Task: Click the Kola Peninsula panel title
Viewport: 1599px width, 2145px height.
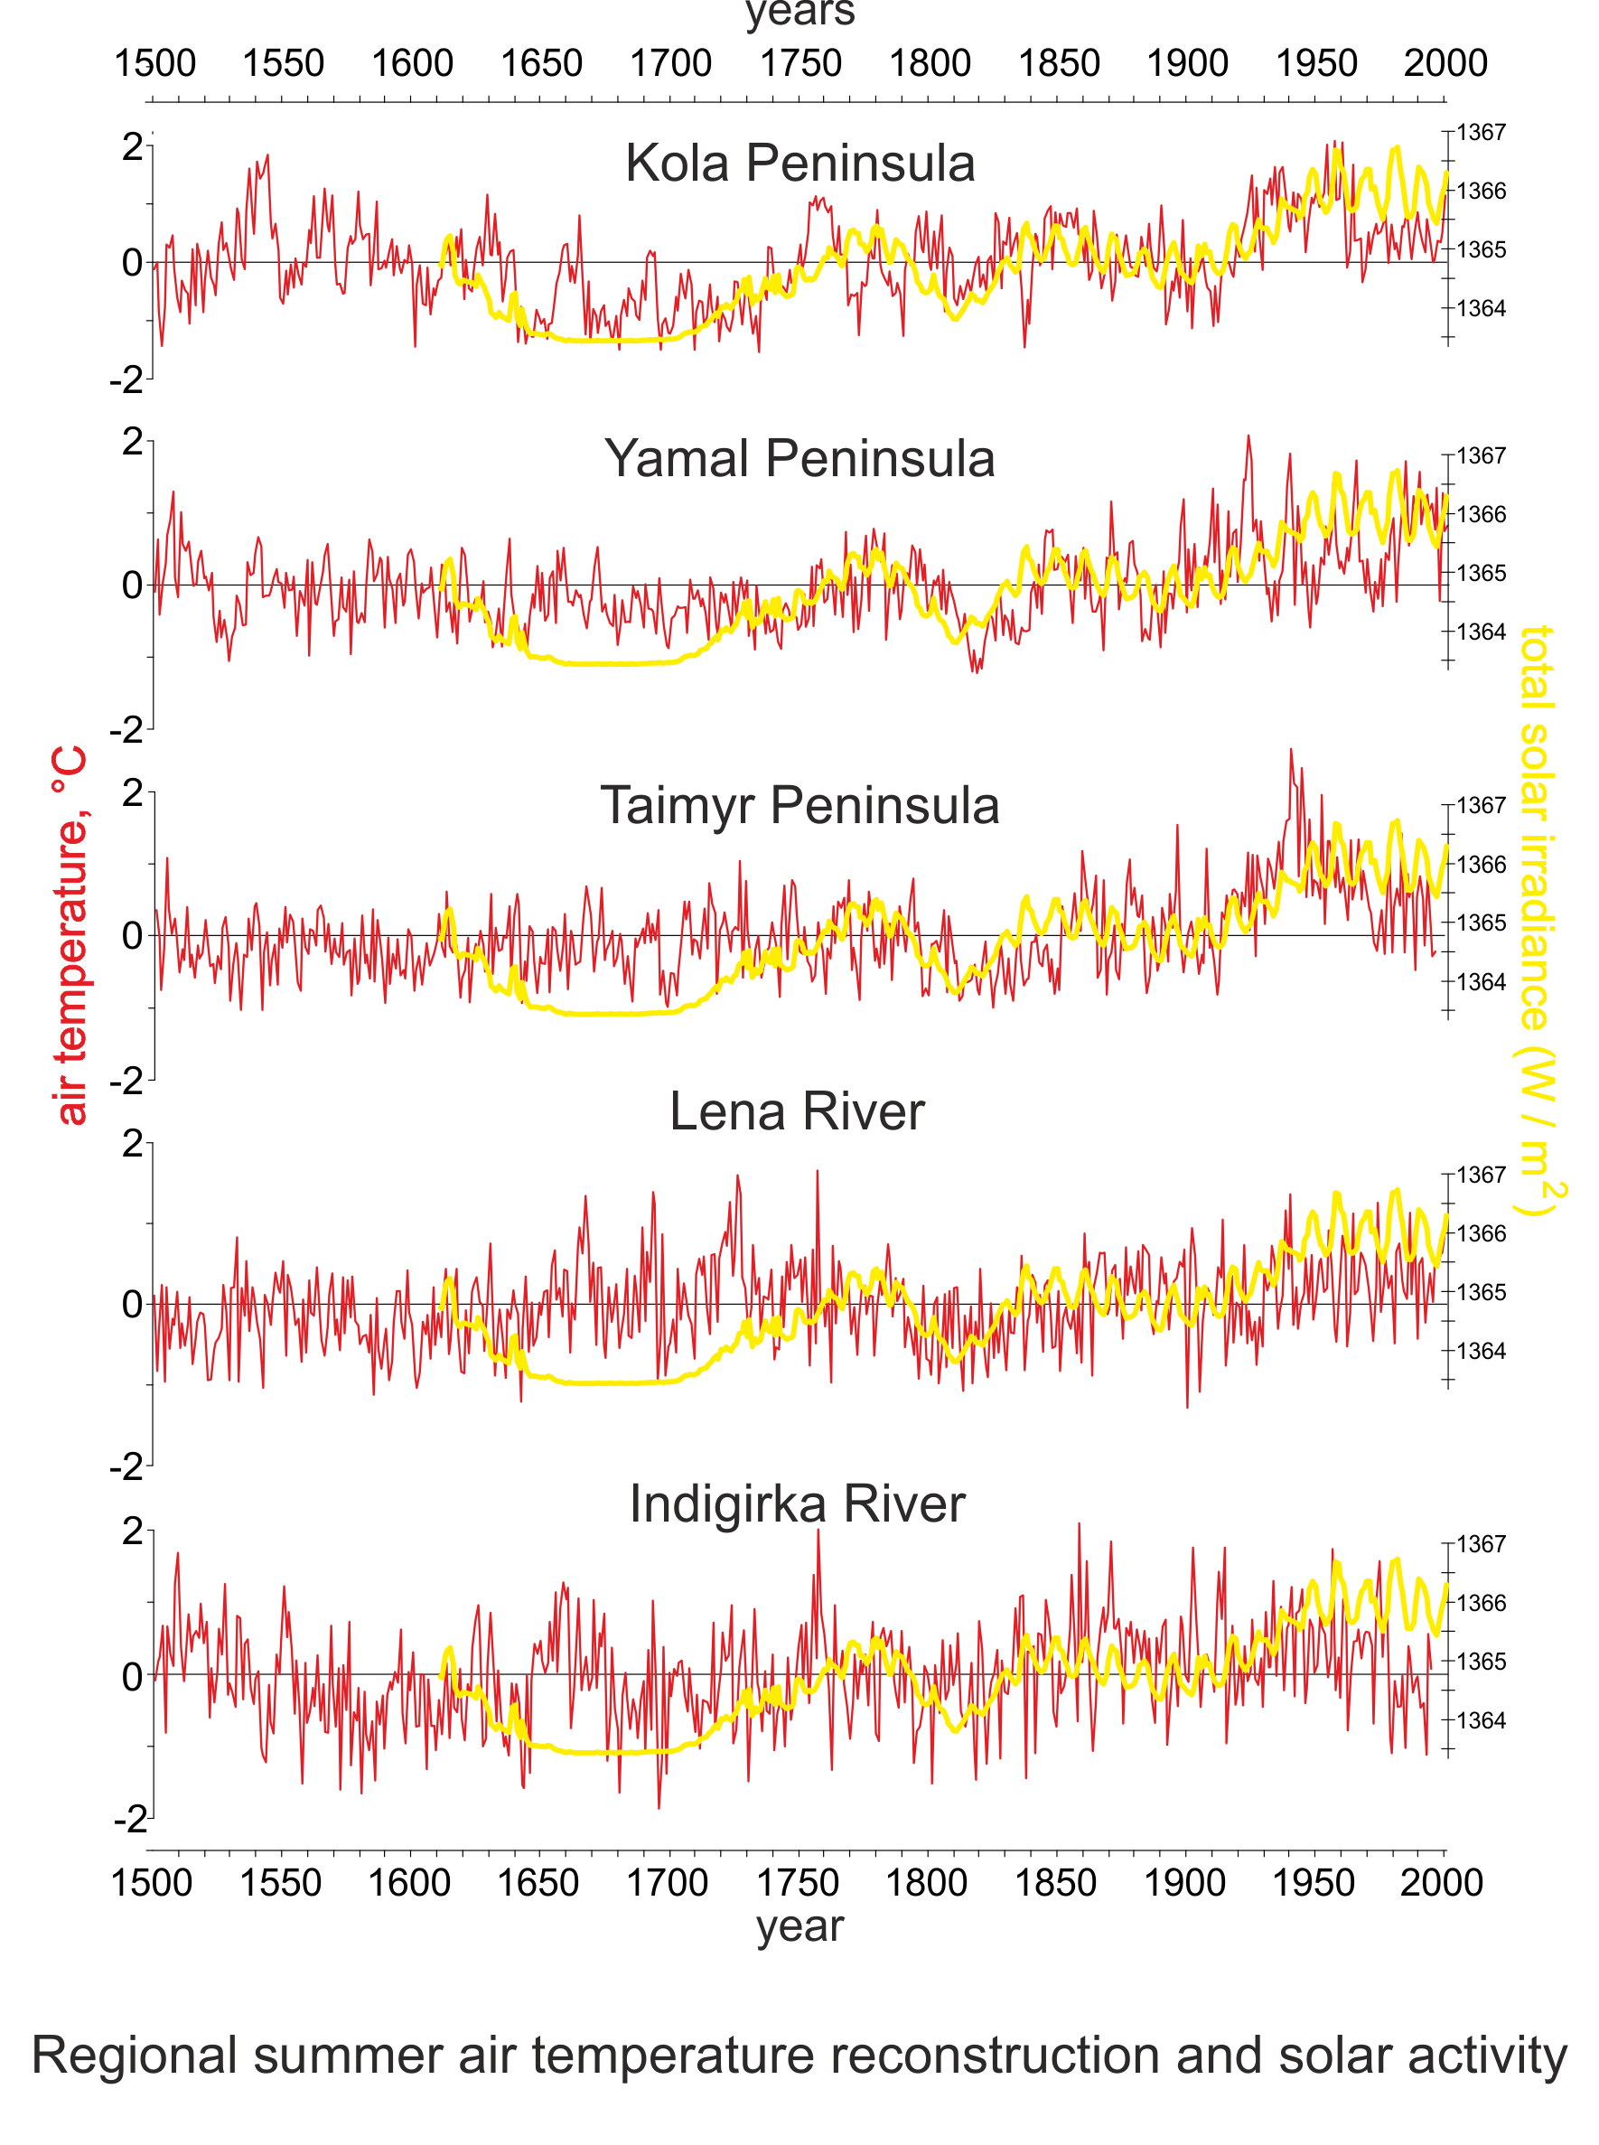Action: point(799,163)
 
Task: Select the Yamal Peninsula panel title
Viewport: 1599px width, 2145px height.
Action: point(799,459)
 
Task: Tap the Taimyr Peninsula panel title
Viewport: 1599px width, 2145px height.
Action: point(799,805)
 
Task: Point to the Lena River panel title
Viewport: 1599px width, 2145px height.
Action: point(797,1111)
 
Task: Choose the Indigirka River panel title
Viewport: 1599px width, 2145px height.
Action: point(797,1504)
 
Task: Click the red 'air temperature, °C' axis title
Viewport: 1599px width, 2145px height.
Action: point(71,935)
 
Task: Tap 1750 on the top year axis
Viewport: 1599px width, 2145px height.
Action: point(799,64)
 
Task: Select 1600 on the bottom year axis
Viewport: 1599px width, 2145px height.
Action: point(408,1883)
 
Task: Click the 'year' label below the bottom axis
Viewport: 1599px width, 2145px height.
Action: point(799,1926)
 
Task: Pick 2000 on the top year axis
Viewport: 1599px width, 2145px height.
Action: point(1445,64)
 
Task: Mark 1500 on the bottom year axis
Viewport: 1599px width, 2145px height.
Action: point(152,1883)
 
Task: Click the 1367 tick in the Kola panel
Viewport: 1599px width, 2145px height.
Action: point(1481,133)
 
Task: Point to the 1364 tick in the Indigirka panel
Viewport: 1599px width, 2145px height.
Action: point(1481,1720)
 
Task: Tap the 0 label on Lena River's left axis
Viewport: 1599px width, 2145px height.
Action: point(133,1305)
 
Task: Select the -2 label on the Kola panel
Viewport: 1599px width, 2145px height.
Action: point(126,380)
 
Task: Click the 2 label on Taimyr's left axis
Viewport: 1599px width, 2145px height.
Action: point(133,793)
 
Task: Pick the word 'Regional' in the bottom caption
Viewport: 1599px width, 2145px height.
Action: point(135,2056)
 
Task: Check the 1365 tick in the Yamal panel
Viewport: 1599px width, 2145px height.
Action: point(1481,573)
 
